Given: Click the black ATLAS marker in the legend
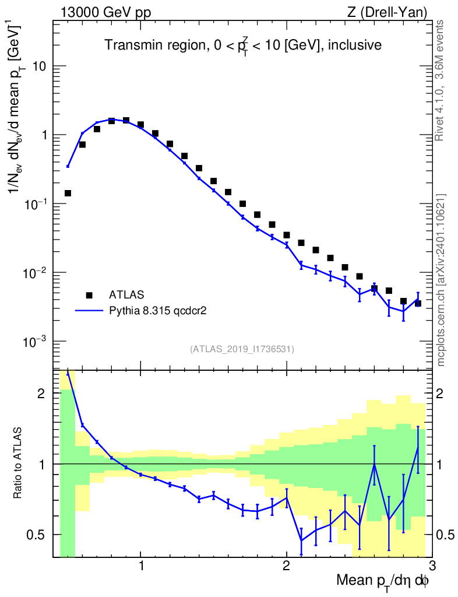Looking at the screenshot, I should [x=89, y=295].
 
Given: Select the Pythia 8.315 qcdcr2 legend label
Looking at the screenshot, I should [x=158, y=311].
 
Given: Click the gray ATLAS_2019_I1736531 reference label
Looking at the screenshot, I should [x=242, y=349].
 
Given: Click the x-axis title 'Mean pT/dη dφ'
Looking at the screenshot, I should [x=382, y=580].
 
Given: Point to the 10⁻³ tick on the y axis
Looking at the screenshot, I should [x=36, y=342].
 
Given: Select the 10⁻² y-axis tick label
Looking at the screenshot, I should [x=36, y=273].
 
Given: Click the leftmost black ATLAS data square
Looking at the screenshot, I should [x=68, y=193].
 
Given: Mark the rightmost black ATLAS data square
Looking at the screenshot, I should [x=418, y=303].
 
